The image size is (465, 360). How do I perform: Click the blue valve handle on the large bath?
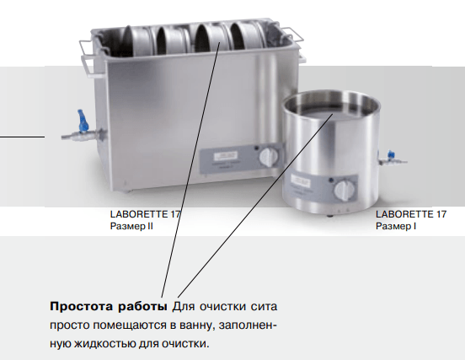coord(83,121)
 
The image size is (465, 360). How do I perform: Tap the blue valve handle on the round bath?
coord(391,154)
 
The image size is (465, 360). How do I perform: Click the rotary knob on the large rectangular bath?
coord(269,157)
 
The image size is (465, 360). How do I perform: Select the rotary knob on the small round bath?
coord(345,190)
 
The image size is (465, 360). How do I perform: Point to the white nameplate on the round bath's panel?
coord(300,180)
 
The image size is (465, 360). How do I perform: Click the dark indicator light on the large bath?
coord(257,148)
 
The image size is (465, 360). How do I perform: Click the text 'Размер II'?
coord(131,226)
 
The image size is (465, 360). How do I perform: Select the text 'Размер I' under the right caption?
coord(396,226)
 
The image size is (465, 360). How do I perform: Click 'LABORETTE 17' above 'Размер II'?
coord(145,214)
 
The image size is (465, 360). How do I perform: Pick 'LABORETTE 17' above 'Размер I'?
coord(411,214)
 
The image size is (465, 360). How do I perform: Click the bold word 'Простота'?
coord(81,306)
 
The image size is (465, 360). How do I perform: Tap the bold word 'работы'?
coord(142,307)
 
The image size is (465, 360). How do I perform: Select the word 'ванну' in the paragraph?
coord(195,325)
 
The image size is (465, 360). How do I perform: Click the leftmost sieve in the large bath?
coord(136,40)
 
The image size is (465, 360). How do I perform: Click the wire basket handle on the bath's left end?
coord(88,56)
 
